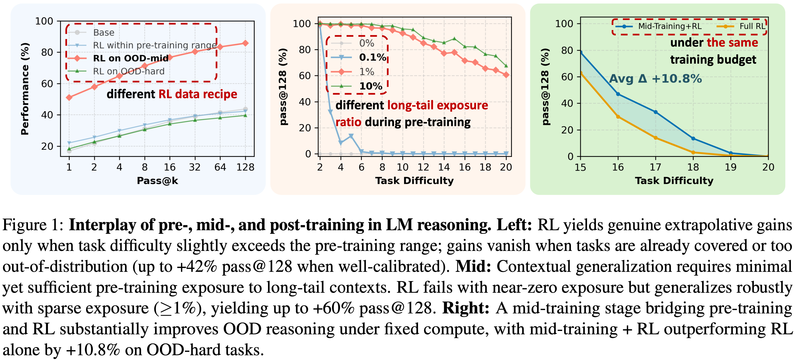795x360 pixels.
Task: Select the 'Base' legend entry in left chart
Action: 104,32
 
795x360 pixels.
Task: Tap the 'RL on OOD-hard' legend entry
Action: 129,71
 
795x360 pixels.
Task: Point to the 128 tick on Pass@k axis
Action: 245,167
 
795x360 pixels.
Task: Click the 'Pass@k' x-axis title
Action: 157,181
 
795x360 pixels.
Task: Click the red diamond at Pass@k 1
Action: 69,97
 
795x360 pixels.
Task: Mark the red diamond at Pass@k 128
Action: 245,43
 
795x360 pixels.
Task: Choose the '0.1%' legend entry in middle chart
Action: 372,57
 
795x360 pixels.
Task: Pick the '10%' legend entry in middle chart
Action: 371,86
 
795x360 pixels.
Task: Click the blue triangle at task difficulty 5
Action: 351,136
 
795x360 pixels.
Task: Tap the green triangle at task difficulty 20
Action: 506,66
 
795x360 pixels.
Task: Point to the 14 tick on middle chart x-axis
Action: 444,167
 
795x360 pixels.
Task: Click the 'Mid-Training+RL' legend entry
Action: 670,26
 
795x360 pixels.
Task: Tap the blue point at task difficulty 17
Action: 655,112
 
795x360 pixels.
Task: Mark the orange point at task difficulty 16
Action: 618,117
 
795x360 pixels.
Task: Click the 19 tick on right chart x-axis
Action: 730,167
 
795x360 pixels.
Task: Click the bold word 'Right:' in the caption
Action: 465,308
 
